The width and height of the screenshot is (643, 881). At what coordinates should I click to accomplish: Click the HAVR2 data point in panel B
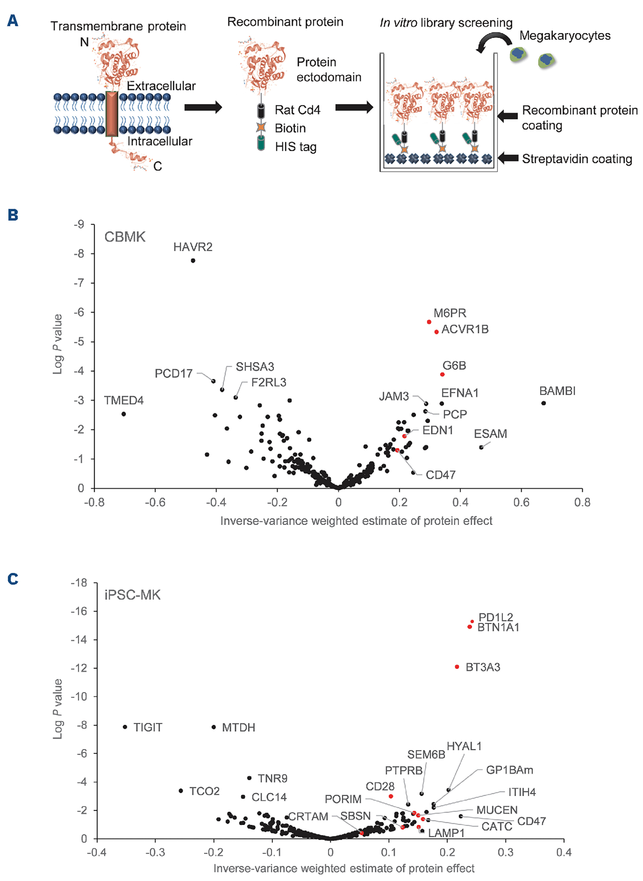coord(193,260)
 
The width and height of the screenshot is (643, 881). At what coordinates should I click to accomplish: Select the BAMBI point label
coord(557,391)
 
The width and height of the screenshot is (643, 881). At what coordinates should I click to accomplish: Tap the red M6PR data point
coord(429,322)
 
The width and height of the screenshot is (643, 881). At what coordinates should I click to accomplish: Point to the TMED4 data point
coord(124,414)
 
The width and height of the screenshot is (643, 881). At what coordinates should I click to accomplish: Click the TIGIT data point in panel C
coord(125,727)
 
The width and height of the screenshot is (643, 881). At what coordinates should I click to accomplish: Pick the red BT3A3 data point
coord(457,667)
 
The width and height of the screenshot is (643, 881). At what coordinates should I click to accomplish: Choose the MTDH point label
coord(238,727)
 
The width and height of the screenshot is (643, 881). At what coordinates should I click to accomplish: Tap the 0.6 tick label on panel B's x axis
coord(521,502)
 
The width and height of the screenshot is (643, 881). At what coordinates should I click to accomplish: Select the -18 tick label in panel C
coord(79,583)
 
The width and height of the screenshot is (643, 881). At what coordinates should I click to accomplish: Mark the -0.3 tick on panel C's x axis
coord(155,852)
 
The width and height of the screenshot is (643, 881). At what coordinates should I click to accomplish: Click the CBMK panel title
coord(124,237)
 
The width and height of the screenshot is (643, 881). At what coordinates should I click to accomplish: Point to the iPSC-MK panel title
coord(132,595)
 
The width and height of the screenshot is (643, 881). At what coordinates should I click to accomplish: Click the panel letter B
coord(13,215)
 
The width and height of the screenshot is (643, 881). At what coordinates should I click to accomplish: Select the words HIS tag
coord(296,147)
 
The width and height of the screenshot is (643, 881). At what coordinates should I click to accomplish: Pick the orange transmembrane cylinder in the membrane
coord(112,114)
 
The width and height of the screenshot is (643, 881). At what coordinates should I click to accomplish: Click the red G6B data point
coord(442,374)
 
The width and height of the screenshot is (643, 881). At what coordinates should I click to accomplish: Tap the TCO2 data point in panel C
coord(181,791)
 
